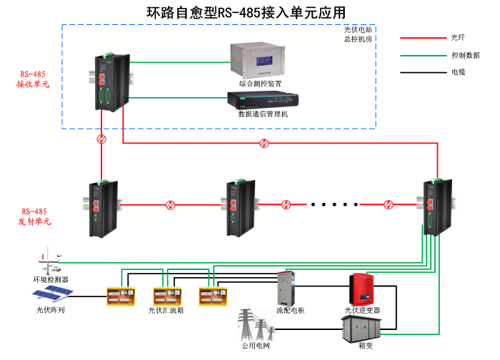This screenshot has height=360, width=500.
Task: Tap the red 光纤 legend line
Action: tap(421, 37)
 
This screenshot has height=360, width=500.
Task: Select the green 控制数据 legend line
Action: tap(421, 54)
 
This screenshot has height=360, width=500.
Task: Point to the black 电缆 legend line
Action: tap(421, 72)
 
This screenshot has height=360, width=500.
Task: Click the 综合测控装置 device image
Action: tap(260, 60)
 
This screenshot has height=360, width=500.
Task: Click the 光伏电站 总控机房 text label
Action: tap(357, 34)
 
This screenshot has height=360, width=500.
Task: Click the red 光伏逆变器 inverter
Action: tap(362, 289)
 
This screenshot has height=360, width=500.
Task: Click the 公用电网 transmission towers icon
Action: tap(254, 325)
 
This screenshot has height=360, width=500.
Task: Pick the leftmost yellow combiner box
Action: tap(119, 296)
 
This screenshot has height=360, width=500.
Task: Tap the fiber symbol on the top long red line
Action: tap(265, 144)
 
